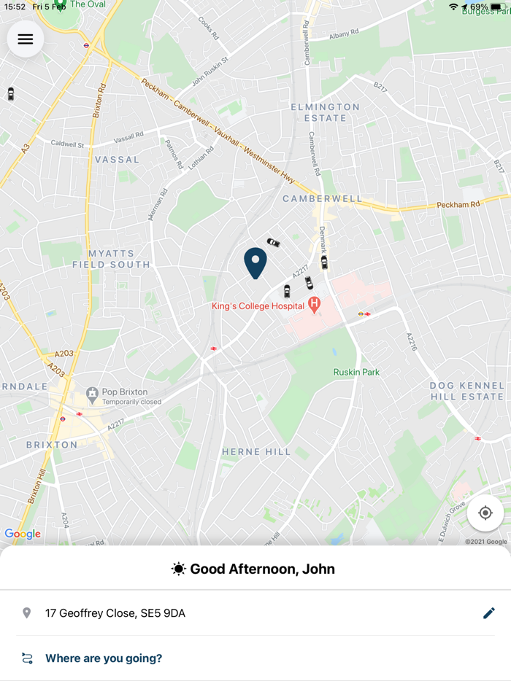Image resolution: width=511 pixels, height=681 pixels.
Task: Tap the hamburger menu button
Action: click(x=26, y=39)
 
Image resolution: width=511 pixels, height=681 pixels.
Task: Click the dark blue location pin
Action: click(x=255, y=262)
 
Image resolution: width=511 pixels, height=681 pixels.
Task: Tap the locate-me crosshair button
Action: click(x=485, y=513)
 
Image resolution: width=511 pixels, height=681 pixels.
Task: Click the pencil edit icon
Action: click(x=489, y=613)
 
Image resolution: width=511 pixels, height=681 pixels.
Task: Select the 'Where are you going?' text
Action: click(x=104, y=658)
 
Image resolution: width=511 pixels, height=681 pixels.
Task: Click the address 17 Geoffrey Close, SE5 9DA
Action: click(x=115, y=613)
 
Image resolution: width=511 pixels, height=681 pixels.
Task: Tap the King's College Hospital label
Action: click(x=258, y=306)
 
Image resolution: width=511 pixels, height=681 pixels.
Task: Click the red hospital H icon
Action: click(x=315, y=304)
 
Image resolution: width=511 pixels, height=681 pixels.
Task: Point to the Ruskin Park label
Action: click(x=356, y=372)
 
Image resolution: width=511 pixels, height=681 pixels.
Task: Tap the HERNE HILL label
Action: click(x=256, y=452)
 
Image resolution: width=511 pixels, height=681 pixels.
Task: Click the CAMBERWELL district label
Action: click(x=322, y=198)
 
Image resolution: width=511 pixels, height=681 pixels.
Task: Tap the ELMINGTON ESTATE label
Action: click(x=326, y=112)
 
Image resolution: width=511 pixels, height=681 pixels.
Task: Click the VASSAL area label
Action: click(x=117, y=159)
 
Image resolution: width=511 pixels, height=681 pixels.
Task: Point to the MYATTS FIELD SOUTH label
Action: click(x=111, y=259)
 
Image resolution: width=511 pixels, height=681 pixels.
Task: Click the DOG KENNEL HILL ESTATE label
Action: click(x=467, y=391)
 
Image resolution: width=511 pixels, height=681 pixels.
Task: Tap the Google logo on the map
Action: click(x=23, y=534)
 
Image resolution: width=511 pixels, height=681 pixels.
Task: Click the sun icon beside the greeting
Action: click(x=178, y=569)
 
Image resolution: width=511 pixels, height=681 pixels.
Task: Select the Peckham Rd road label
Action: click(x=458, y=205)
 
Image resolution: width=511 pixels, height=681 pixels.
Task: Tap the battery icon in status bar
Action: click(x=497, y=7)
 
